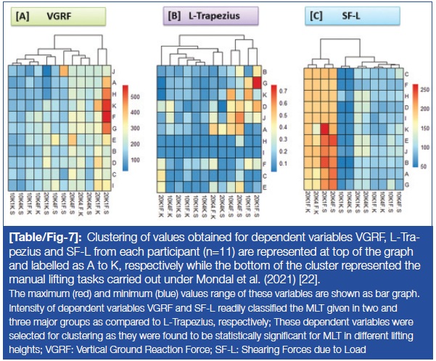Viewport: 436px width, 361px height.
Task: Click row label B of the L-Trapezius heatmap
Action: point(263,71)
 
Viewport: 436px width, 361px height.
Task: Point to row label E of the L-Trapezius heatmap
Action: point(263,187)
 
